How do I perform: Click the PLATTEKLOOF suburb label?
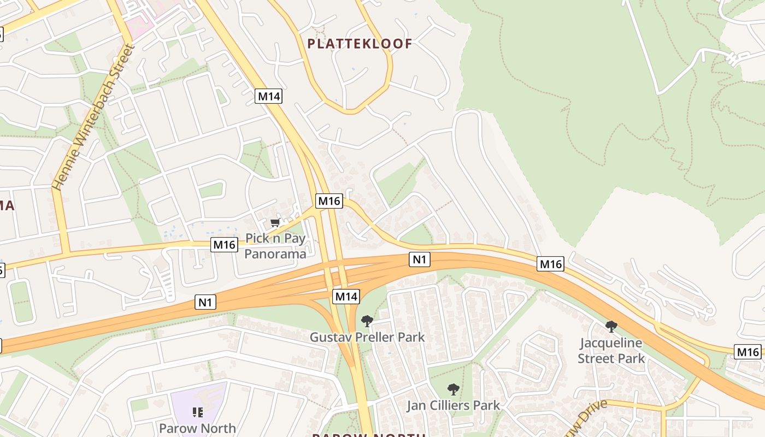pos(360,44)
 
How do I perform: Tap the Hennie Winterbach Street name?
pos(93,117)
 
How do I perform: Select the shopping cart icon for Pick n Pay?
pos(275,222)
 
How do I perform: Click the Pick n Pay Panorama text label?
pos(275,246)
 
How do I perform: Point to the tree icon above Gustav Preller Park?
pos(367,321)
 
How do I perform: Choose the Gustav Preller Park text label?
pos(367,337)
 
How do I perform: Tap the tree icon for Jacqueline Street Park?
pos(611,327)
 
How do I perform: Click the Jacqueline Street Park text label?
pos(611,351)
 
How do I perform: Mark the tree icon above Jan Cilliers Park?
pos(453,389)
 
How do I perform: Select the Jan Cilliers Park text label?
pos(453,405)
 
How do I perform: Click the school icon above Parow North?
pos(197,412)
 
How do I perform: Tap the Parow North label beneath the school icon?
pos(197,428)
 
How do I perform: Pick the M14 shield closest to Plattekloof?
pos(269,97)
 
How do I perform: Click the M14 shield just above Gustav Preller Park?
pos(346,297)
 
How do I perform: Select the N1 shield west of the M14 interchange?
pos(205,302)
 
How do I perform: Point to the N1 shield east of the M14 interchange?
pos(419,259)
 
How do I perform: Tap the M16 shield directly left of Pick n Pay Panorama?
pos(225,245)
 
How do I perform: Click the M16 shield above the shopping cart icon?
pos(329,201)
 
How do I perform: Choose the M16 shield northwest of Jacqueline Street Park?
pos(551,264)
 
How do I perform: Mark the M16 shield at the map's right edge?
pos(747,352)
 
